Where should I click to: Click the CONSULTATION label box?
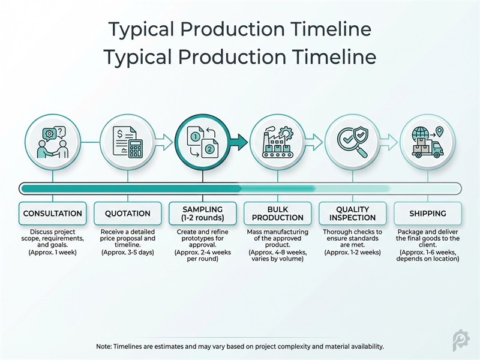[x=53, y=214]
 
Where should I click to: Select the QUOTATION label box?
[x=128, y=214]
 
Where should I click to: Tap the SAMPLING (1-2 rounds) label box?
[x=203, y=214]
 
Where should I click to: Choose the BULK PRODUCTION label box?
[x=278, y=214]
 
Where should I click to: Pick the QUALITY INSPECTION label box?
[x=353, y=214]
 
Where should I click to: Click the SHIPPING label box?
[x=428, y=214]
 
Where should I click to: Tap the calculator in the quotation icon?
[x=135, y=148]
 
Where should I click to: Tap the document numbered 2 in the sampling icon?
[x=209, y=149]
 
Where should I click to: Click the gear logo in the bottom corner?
[x=461, y=340]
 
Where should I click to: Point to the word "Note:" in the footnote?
[x=105, y=347]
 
